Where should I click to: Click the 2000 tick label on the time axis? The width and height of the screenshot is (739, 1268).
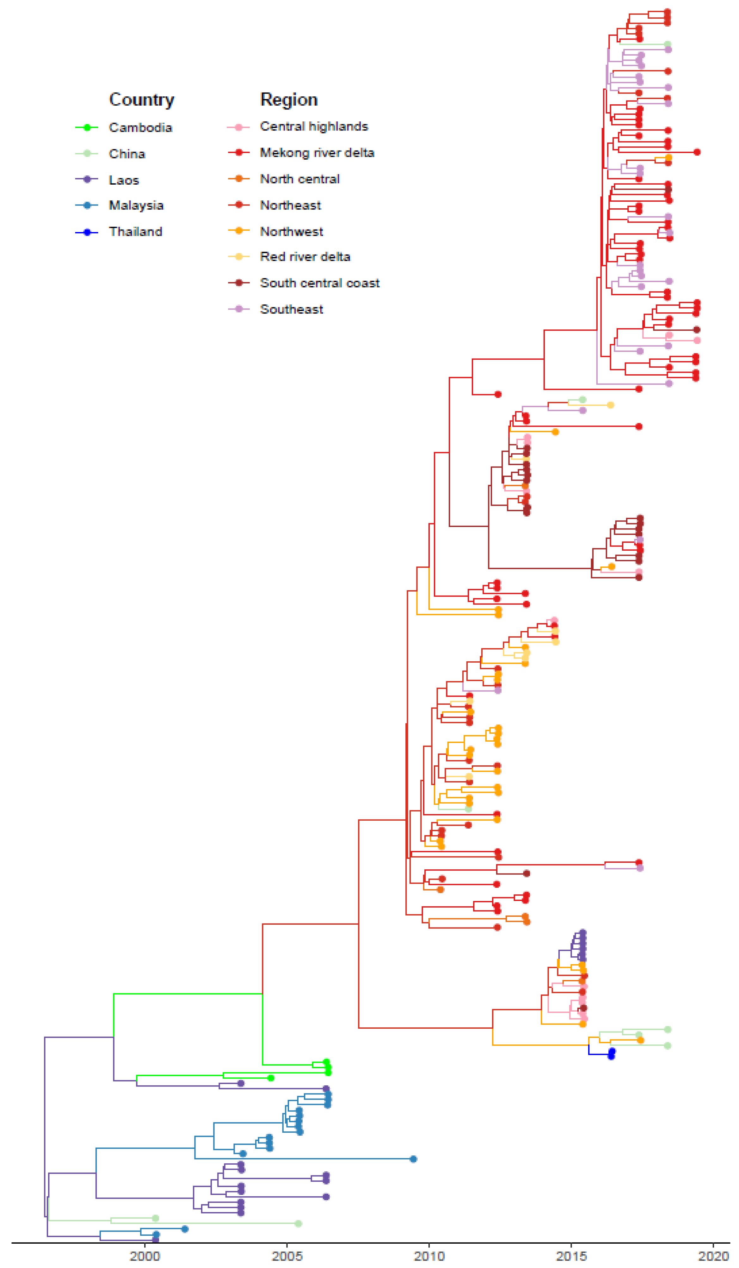coord(145,1256)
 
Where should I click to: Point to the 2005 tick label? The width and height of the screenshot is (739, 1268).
coord(287,1256)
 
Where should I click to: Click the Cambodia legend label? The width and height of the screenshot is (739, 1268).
coord(140,128)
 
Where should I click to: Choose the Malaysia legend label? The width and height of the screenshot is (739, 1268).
coord(136,205)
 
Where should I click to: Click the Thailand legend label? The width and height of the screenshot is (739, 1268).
coord(135,231)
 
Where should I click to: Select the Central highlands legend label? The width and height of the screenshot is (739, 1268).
coord(314,126)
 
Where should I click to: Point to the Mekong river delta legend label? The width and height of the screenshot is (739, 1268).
coord(317,152)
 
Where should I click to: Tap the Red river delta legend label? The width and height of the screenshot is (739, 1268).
coord(305,257)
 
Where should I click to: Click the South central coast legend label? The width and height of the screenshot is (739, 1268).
coord(320,283)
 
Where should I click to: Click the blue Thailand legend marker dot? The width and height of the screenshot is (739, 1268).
coord(87,232)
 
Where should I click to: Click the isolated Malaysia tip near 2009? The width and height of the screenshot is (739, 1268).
coord(413,1159)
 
